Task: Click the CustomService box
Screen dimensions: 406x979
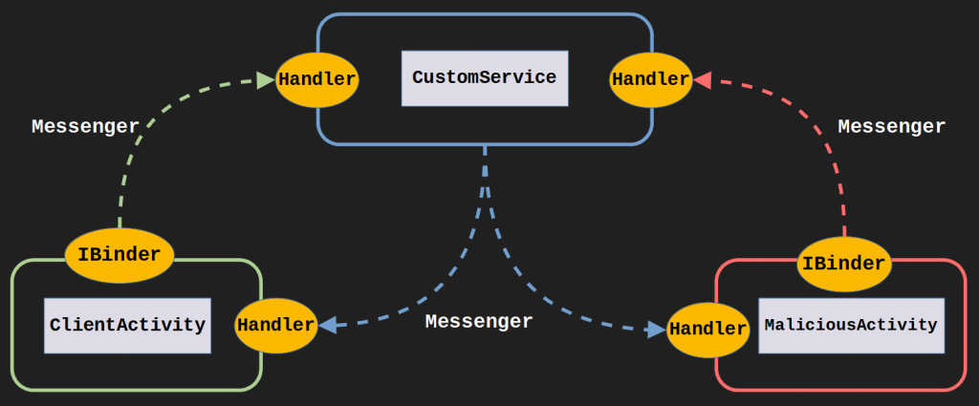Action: [x=485, y=78]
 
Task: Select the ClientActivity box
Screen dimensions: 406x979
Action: [x=127, y=325]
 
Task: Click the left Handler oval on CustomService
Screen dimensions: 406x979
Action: [x=317, y=79]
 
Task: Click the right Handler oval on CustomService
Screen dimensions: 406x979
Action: [x=651, y=79]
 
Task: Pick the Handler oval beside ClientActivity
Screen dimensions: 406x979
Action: [x=276, y=325]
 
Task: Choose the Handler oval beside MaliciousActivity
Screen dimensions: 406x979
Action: [x=707, y=330]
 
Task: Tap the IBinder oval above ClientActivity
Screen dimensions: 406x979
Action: [x=120, y=255]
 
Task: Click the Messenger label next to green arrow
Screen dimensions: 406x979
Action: [x=85, y=126]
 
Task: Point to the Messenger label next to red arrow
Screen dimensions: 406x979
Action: [x=891, y=126]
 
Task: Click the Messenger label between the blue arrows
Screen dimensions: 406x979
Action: [x=478, y=322]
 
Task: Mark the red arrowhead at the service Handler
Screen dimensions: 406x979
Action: [x=703, y=80]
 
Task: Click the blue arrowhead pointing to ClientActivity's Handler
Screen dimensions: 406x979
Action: [x=327, y=325]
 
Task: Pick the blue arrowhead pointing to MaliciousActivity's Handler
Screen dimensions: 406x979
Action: [x=657, y=330]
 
